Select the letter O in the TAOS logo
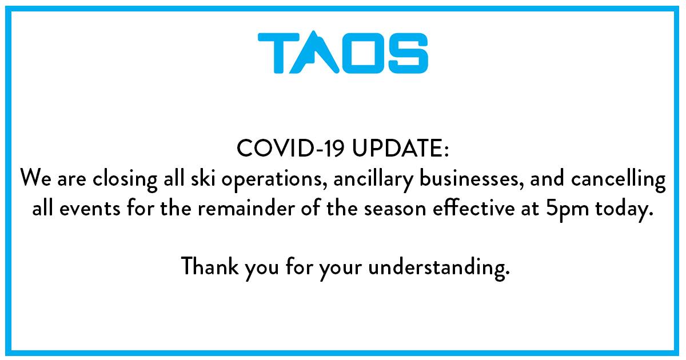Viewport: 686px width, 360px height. (364, 53)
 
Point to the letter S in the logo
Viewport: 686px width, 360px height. (408, 53)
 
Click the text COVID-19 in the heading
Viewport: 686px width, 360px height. (290, 148)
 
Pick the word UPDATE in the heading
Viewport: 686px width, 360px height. (397, 148)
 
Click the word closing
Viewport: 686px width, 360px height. (125, 179)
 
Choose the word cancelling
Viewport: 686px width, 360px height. (619, 179)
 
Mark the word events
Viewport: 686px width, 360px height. (90, 209)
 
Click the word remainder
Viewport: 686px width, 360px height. (246, 208)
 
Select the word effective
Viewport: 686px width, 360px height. (474, 208)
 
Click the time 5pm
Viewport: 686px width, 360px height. (568, 211)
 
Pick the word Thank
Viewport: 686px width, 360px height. (210, 266)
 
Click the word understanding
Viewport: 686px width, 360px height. (439, 268)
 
